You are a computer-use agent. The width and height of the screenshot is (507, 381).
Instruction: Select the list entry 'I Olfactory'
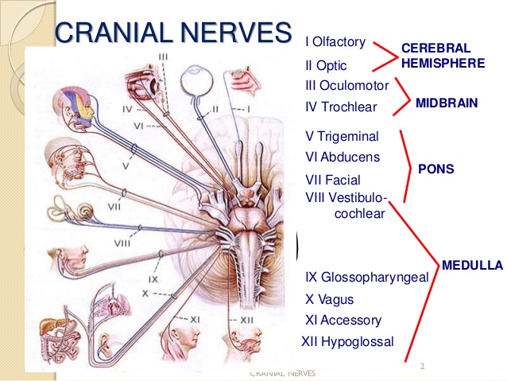pyautogui.click(x=335, y=42)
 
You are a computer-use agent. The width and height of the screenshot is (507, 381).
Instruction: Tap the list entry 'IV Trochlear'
pyautogui.click(x=341, y=107)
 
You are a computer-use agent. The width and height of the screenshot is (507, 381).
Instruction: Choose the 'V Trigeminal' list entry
pyautogui.click(x=342, y=136)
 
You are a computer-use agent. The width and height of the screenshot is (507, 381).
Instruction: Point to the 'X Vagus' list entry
pyautogui.click(x=330, y=299)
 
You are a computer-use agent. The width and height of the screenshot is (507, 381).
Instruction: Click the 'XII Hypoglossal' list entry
pyautogui.click(x=347, y=342)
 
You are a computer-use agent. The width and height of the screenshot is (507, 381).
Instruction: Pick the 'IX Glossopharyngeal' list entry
pyautogui.click(x=367, y=278)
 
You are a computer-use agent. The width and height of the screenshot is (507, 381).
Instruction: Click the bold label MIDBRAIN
pyautogui.click(x=447, y=103)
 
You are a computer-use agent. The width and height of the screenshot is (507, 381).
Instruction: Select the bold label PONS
pyautogui.click(x=436, y=169)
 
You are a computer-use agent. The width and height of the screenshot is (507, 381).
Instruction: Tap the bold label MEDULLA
pyautogui.click(x=472, y=266)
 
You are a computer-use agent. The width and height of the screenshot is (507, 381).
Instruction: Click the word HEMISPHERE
pyautogui.click(x=443, y=63)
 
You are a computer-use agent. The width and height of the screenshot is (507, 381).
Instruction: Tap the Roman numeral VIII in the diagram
pyautogui.click(x=122, y=243)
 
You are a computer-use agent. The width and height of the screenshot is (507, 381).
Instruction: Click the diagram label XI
pyautogui.click(x=195, y=320)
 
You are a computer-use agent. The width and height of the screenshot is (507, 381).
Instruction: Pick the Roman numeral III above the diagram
pyautogui.click(x=163, y=57)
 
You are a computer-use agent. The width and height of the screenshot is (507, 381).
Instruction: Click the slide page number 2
pyautogui.click(x=422, y=366)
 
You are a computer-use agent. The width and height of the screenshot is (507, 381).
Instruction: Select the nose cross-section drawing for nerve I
pyautogui.click(x=244, y=81)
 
